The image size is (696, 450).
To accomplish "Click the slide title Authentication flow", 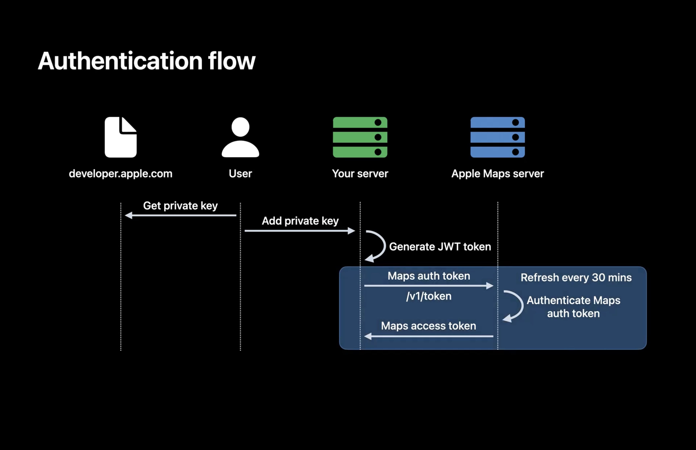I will coord(147,61).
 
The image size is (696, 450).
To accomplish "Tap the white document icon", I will coord(120,137).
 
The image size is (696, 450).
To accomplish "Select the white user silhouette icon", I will coord(240,137).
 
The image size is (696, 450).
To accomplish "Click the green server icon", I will coord(360,137).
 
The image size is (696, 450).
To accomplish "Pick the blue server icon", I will coord(497,137).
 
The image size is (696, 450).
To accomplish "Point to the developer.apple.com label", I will coord(120,174).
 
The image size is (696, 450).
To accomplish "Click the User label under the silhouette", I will coord(240,174).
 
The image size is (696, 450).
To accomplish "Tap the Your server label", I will coord(360,174).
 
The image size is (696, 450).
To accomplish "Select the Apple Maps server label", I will coord(497,174).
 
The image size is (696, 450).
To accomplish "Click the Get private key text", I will coord(180,206).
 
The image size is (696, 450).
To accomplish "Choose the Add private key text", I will coord(300,221).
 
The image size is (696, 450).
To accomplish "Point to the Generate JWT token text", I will coord(440,247).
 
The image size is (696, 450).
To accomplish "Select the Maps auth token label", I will coord(429,276).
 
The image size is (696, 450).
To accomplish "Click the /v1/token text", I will coord(429,296).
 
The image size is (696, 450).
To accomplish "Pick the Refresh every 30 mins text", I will coord(576,277).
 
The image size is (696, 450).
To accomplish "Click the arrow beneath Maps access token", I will coord(429,336).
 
